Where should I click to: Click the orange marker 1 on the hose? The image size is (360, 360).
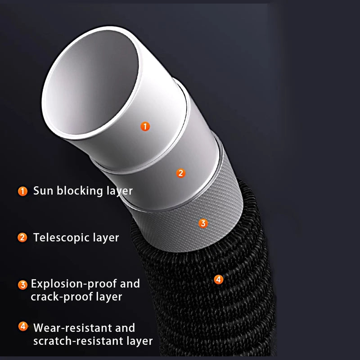tap(145, 126)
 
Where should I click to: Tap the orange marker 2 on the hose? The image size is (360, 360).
tap(181, 173)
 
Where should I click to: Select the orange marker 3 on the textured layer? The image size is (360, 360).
tap(203, 223)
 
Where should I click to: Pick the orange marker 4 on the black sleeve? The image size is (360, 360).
tap(218, 279)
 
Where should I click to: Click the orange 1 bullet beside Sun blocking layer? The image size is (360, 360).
tap(22, 191)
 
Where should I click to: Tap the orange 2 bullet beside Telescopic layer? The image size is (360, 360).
tap(22, 238)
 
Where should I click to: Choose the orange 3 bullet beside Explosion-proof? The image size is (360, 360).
tap(22, 285)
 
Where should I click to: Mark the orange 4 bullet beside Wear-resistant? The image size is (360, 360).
tap(23, 326)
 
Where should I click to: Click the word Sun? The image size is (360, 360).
tap(43, 190)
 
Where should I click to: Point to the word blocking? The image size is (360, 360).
tap(80, 191)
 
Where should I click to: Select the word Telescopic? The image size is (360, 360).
tap(61, 238)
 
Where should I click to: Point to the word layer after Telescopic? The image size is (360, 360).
tap(106, 238)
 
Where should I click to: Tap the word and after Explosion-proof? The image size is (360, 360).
tap(130, 284)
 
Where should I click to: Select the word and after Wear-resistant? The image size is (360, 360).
tap(125, 328)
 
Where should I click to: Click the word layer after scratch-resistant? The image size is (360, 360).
tap(139, 341)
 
